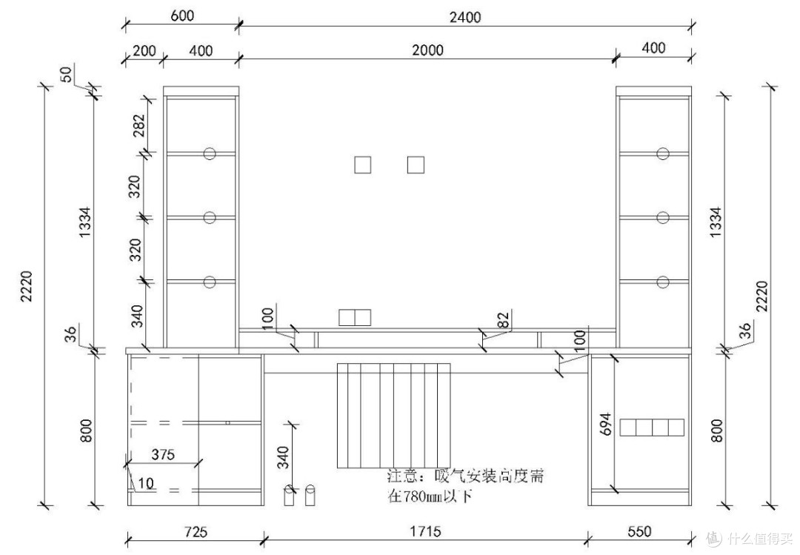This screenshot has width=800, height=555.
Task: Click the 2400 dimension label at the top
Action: click(x=464, y=17)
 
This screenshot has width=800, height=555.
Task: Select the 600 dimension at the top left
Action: click(x=182, y=16)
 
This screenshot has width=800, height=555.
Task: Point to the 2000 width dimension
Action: click(x=427, y=50)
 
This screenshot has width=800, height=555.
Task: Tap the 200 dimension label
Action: click(x=144, y=50)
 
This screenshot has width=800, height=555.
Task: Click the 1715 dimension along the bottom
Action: click(x=425, y=531)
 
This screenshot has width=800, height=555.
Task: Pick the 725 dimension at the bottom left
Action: click(x=196, y=532)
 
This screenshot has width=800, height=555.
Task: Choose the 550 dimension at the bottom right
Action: click(x=639, y=531)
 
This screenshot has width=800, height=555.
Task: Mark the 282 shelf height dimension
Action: click(x=139, y=126)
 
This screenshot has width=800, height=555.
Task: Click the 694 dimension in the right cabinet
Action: click(x=606, y=424)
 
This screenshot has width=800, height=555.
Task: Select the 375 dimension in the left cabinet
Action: click(x=163, y=454)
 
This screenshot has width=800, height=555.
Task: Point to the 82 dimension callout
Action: click(x=503, y=319)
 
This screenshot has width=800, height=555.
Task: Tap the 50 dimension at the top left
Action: click(x=67, y=74)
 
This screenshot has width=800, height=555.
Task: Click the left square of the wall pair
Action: click(x=363, y=165)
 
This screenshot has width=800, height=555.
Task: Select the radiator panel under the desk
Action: click(x=394, y=415)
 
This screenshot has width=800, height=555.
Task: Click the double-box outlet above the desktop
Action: click(x=355, y=317)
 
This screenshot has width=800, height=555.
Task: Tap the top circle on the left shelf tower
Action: click(x=210, y=153)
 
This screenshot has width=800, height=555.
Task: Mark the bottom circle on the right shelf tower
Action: click(x=663, y=282)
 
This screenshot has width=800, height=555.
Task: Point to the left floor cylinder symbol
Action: click(x=289, y=495)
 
